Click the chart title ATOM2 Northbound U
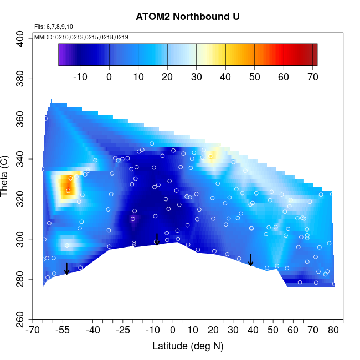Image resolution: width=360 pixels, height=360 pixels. click(188, 17)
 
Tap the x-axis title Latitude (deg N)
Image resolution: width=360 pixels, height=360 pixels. click(188, 347)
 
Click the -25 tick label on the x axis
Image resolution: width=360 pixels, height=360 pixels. click(123, 331)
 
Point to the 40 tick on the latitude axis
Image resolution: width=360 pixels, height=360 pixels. click(254, 331)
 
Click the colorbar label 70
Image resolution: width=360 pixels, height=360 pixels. click(312, 77)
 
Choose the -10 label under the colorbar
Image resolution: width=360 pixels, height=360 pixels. click(80, 77)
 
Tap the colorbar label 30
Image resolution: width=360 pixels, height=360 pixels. click(197, 77)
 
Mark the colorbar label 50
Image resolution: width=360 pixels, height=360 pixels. click(254, 77)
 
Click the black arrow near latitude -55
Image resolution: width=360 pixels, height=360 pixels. click(66, 269)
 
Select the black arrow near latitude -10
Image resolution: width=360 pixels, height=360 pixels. click(157, 239)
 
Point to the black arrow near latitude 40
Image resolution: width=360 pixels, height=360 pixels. click(250, 260)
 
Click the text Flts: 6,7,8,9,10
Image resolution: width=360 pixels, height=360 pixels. click(54, 27)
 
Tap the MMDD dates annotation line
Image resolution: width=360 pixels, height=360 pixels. click(81, 37)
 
